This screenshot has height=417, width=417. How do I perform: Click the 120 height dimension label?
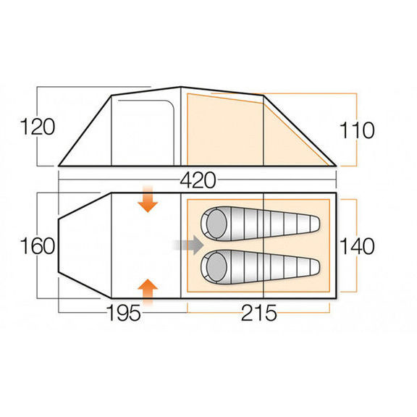point(38,127)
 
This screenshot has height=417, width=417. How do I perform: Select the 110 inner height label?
point(357,130)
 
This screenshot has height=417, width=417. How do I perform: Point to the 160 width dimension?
point(38,246)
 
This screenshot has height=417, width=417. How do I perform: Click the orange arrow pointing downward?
point(148,200)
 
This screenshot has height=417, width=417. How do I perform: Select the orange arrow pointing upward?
point(148,290)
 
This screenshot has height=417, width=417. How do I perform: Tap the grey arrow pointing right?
point(187,245)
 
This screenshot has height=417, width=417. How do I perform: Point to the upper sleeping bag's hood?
point(215,224)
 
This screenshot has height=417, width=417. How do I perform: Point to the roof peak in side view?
point(180,88)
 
